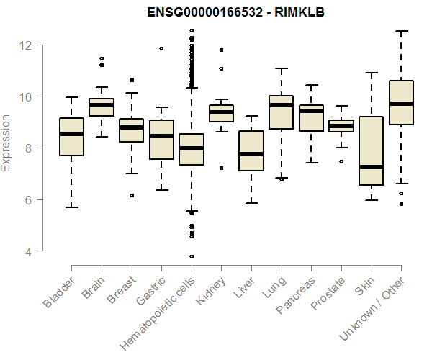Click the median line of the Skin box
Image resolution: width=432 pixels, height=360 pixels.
click(x=371, y=167)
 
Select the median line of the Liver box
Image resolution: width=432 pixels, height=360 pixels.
click(x=251, y=154)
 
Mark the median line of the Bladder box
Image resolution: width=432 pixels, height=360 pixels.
click(x=71, y=134)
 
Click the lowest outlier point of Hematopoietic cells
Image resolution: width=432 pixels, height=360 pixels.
click(x=192, y=256)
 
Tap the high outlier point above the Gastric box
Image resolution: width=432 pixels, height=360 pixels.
click(x=161, y=49)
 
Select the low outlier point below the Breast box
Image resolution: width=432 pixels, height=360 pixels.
click(x=132, y=195)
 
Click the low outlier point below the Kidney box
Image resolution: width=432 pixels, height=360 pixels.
click(x=221, y=168)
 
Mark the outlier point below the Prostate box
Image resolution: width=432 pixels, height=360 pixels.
click(x=341, y=162)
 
